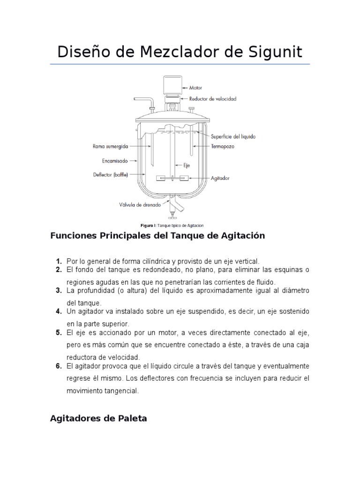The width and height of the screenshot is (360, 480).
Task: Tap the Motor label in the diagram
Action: (196, 87)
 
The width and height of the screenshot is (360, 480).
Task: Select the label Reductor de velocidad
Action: (213, 99)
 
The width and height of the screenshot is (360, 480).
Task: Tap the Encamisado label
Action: (114, 160)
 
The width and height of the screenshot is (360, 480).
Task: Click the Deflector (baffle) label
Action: (110, 175)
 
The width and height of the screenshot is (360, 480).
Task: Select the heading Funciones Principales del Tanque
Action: (157, 236)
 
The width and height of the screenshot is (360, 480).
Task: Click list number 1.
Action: (59, 261)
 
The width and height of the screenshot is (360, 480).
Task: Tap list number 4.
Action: (59, 311)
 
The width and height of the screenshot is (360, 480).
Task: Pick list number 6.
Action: (59, 366)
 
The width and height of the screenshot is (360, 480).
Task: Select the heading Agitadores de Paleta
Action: (98, 419)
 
